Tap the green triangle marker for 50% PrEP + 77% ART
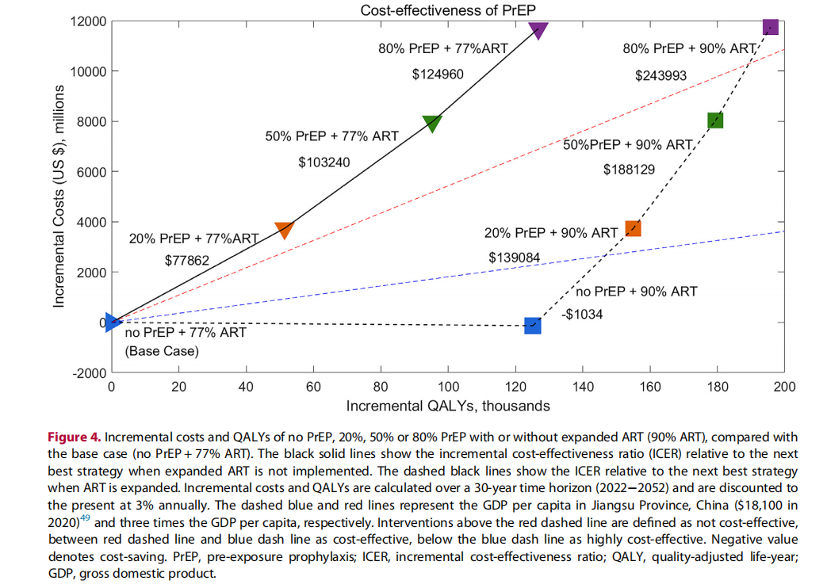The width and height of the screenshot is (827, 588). pyautogui.click(x=432, y=123)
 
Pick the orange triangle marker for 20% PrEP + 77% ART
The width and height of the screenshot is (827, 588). pyautogui.click(x=285, y=229)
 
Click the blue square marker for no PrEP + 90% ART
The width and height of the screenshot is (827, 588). pyautogui.click(x=533, y=325)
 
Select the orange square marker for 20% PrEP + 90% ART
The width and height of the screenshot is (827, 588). pyautogui.click(x=633, y=228)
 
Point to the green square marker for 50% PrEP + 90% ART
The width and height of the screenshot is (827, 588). pyautogui.click(x=716, y=120)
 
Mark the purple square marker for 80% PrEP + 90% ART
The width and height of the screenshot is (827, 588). pyautogui.click(x=770, y=27)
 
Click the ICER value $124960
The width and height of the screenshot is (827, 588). pyautogui.click(x=437, y=75)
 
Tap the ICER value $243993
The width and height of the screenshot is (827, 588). pyautogui.click(x=660, y=76)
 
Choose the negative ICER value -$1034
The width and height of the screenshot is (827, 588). pyautogui.click(x=582, y=315)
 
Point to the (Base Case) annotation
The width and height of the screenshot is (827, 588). pyautogui.click(x=162, y=350)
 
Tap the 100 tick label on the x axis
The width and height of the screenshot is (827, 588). pyautogui.click(x=449, y=387)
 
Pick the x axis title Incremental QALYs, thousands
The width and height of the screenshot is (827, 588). pyautogui.click(x=448, y=406)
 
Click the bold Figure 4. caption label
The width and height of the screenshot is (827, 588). pyautogui.click(x=74, y=437)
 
